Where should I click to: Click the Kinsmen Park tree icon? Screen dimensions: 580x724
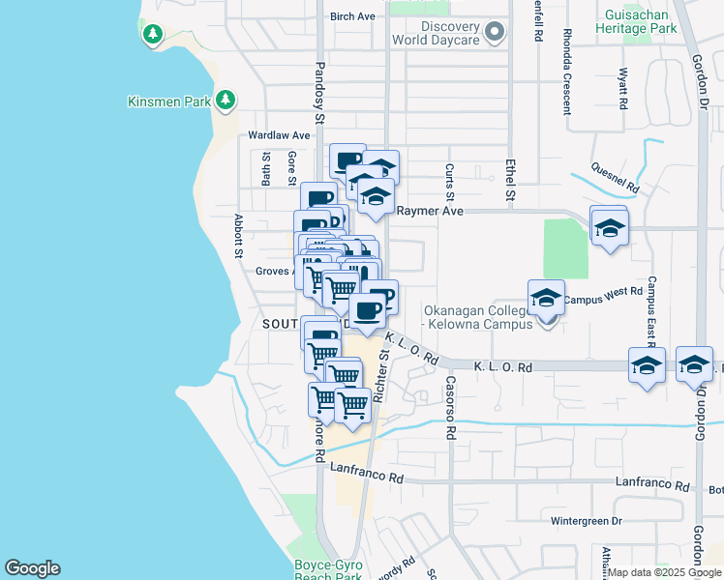(x=226, y=100)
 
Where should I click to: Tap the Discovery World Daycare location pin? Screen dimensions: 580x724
(x=496, y=33)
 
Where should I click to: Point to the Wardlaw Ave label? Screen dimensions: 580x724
(x=279, y=135)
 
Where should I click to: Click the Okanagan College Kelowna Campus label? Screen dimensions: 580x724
(x=479, y=317)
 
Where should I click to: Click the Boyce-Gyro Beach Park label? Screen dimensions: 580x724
(x=328, y=570)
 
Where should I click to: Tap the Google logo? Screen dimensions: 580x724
(x=32, y=568)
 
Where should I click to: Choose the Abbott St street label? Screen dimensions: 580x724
(x=238, y=237)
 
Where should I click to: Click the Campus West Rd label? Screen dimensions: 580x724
(x=604, y=291)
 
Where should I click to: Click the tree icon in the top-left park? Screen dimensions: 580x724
(x=152, y=35)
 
